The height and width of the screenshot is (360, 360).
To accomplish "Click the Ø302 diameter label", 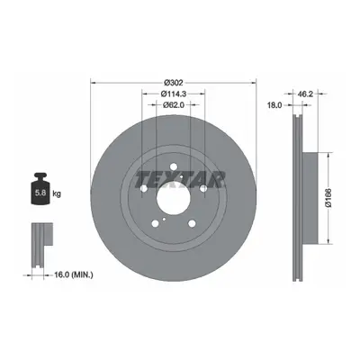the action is point(174,82).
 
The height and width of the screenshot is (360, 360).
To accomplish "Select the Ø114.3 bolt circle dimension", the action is point(174,94).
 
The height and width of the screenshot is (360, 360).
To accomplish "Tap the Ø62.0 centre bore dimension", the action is point(174,104).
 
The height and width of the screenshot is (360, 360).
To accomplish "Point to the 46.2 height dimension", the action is point(305,94).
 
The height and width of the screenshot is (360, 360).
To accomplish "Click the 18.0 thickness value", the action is point(274,105).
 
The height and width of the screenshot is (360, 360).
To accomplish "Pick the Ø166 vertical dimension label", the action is point(328,198).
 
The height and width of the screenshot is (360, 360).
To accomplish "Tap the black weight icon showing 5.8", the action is point(40,189).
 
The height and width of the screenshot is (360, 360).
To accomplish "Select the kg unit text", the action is point(57,193).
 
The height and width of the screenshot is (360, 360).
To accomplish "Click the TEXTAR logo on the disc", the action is point(180,179).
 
